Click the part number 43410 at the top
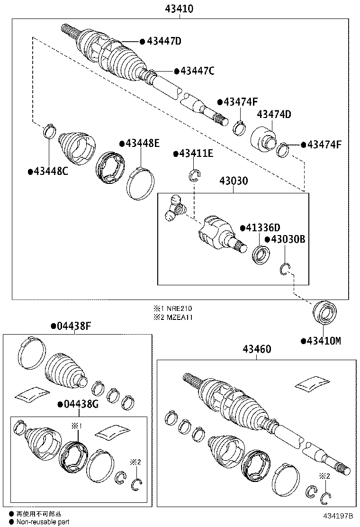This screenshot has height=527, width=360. pos(180,9)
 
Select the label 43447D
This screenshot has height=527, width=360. pos(164,41)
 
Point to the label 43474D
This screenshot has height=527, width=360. pos(274,114)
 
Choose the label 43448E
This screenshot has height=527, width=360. pos(142,143)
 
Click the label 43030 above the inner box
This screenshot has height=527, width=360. pos(233,181)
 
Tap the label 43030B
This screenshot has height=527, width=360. pos(288,240)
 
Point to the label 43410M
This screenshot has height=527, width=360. pos(324,341)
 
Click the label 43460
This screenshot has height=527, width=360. pos(257,350)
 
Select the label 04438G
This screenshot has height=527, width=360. pos(81,404)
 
